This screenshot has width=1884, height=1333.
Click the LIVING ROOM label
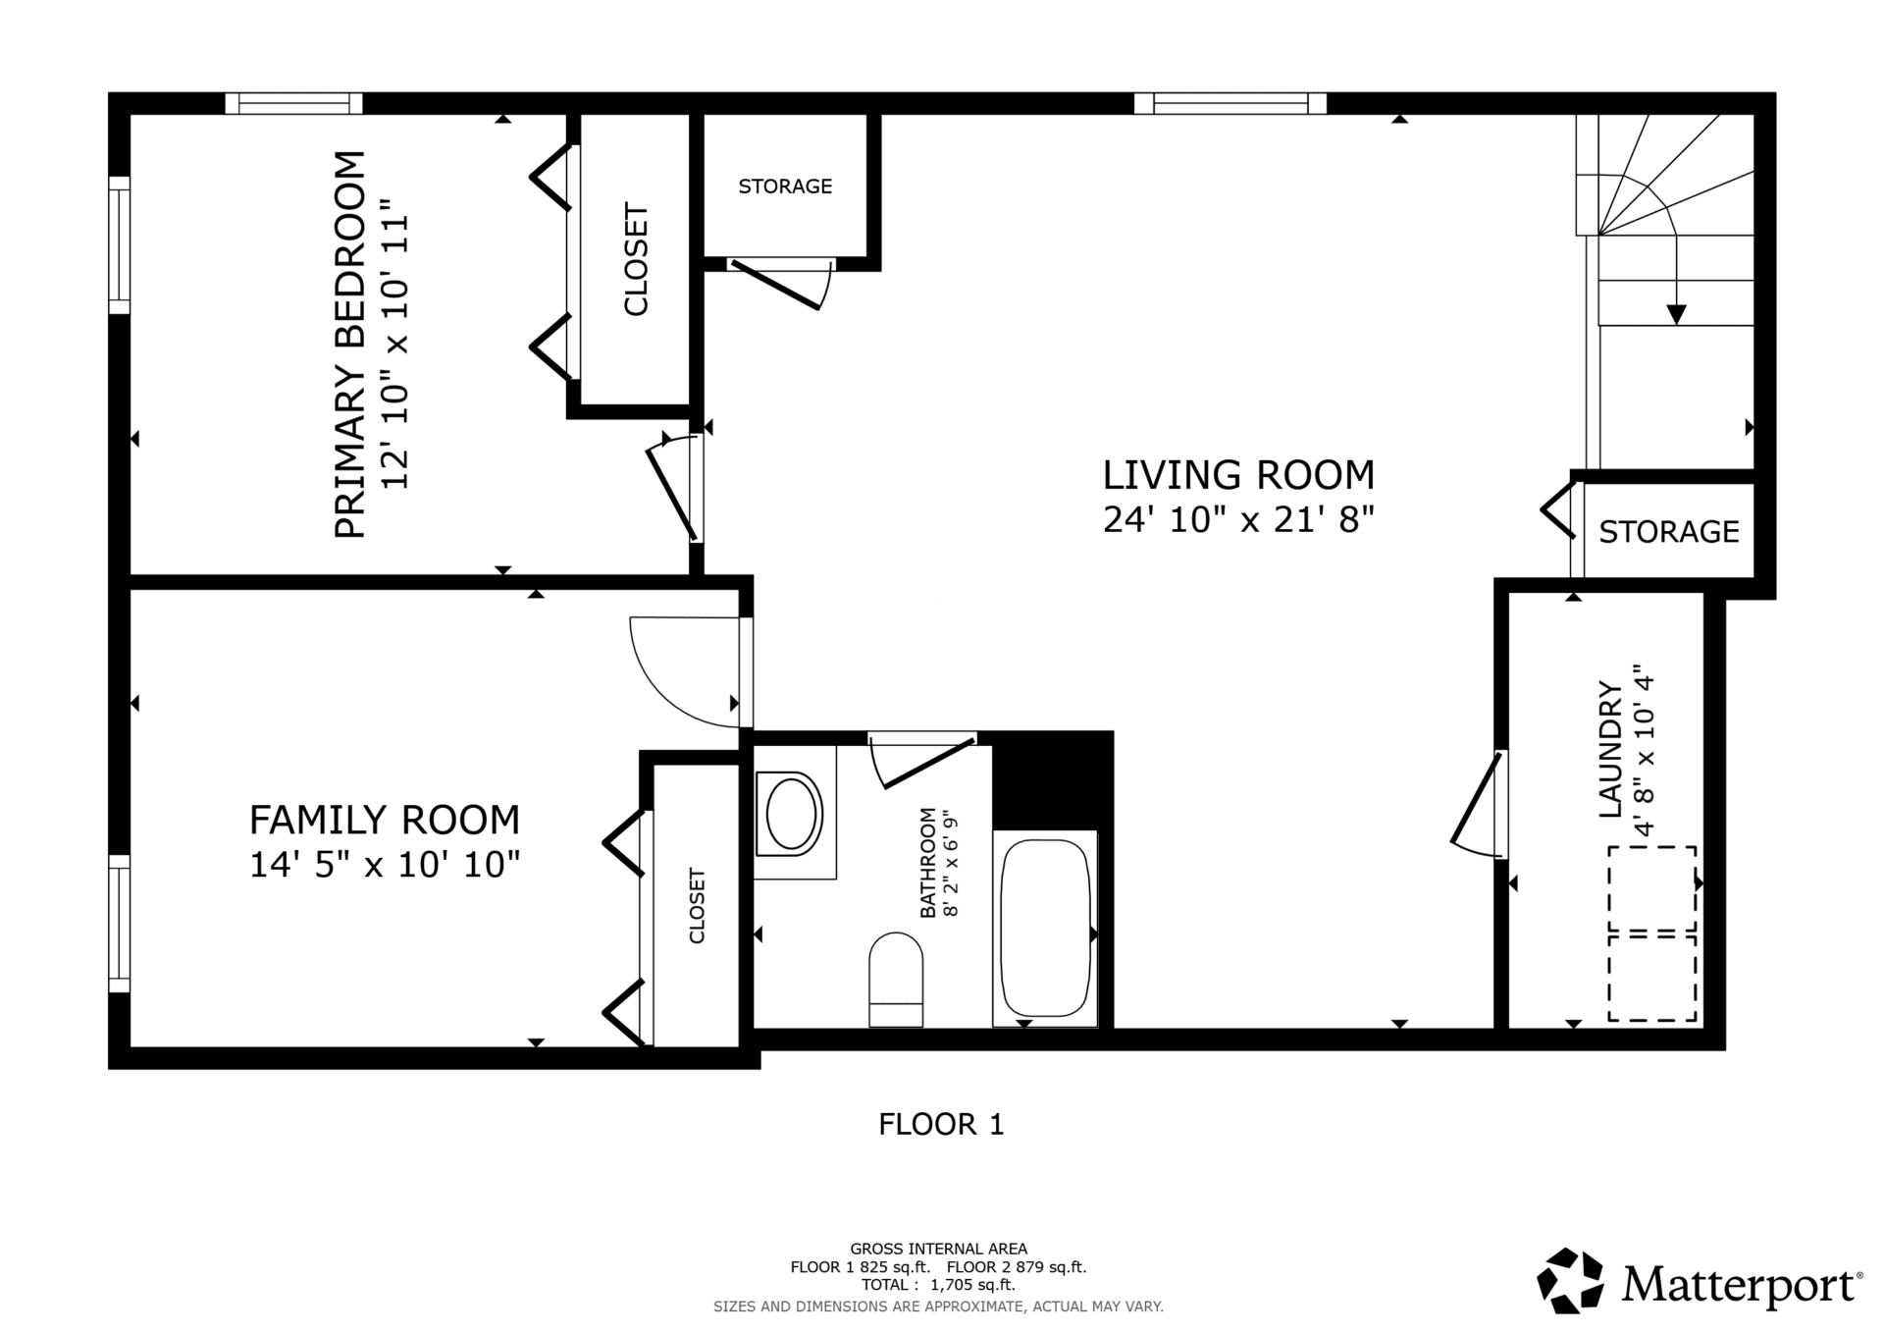pyautogui.click(x=1238, y=475)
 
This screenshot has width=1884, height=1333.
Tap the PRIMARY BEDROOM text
pyautogui.click(x=350, y=345)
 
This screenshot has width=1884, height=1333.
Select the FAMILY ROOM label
pyautogui.click(x=384, y=820)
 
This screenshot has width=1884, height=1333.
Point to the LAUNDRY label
pyautogui.click(x=1610, y=749)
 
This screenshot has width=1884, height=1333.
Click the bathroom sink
pyautogui.click(x=793, y=813)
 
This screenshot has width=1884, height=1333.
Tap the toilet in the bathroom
pyautogui.click(x=896, y=979)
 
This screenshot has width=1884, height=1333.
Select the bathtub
pyautogui.click(x=1045, y=929)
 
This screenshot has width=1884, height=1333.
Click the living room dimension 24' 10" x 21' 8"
pyautogui.click(x=1238, y=519)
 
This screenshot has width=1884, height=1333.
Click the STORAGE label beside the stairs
pyautogui.click(x=1669, y=531)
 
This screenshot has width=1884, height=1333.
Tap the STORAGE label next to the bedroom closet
pyautogui.click(x=785, y=187)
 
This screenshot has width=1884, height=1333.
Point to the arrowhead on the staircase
pyautogui.click(x=1676, y=314)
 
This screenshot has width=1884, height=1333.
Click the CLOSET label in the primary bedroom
pyautogui.click(x=636, y=259)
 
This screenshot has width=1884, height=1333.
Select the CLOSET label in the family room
pyautogui.click(x=697, y=905)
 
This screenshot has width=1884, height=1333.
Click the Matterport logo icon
pyautogui.click(x=1570, y=1280)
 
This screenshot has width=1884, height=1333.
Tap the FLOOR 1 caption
pyautogui.click(x=941, y=1124)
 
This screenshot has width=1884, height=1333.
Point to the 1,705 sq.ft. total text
pyautogui.click(x=972, y=1284)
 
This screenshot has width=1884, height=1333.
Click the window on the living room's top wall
pyautogui.click(x=1230, y=103)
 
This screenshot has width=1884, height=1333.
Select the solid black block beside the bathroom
pyautogui.click(x=1052, y=780)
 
